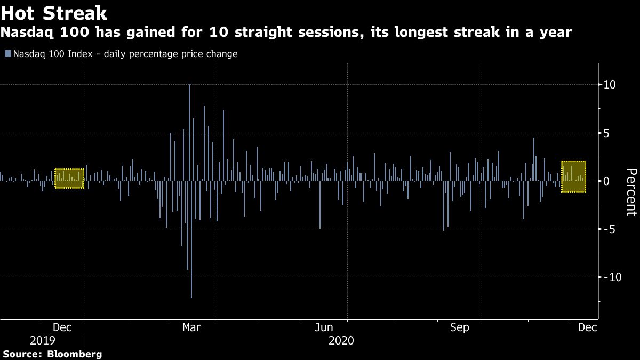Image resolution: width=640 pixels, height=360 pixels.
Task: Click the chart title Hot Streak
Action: pos(54,12)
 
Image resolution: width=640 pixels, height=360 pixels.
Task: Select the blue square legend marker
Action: pos(7,54)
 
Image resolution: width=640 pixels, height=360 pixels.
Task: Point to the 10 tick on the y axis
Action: pos(610,85)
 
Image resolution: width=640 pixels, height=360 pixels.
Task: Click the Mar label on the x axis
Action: pos(191,327)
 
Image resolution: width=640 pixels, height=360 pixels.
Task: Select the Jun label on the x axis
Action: pos(324,327)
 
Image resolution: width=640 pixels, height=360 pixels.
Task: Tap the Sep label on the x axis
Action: pos(460,327)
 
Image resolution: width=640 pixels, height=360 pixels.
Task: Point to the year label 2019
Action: pos(43,340)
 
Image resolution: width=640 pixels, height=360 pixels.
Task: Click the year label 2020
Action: pos(342,340)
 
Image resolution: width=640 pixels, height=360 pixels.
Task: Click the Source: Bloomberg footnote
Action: pos(52,354)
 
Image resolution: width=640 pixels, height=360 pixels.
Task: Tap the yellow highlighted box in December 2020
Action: pos(574,177)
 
